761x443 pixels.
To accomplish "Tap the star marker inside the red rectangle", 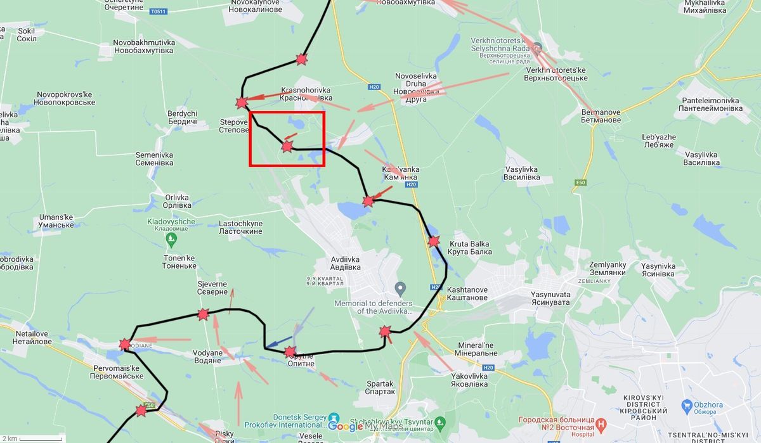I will coord(287,147).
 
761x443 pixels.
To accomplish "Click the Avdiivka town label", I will coord(345,263).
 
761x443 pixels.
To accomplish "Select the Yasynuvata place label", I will coord(550,299).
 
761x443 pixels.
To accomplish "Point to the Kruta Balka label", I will coord(470,248).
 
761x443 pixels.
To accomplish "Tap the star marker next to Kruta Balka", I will coord(434,241).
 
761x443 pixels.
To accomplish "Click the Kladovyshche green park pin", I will coord(171,239).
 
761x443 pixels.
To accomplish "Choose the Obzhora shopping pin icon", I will coord(687,404).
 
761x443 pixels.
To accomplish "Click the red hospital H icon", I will coord(601,423).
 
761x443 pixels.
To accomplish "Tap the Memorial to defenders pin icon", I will coord(400,289).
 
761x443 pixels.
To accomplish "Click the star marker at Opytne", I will coord(290,352).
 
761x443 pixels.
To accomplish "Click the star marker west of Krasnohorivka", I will coord(241,103).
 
